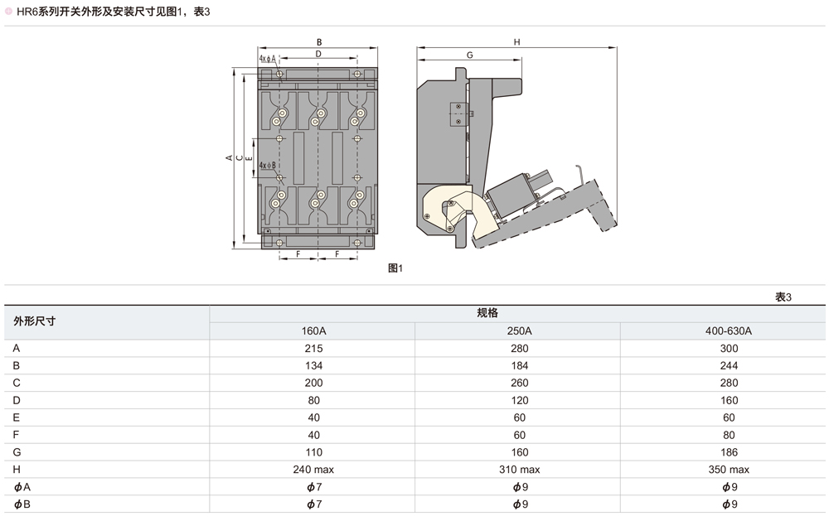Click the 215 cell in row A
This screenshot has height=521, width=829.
313,349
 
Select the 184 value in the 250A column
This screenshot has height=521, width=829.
518,366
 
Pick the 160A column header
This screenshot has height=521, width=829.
313,330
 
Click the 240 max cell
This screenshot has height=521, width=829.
313,470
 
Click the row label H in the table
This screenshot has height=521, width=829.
17,470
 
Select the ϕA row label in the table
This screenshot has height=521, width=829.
22,487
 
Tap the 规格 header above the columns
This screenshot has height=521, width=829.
487,313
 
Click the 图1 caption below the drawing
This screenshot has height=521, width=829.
395,268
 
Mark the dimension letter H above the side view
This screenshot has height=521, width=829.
516,41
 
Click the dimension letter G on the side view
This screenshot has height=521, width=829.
469,55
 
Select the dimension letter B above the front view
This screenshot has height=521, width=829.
319,41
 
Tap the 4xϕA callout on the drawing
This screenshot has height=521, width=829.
267,59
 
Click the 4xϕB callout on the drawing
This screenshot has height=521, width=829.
267,166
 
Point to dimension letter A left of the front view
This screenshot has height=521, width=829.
229,157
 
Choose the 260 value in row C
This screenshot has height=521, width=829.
518,384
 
